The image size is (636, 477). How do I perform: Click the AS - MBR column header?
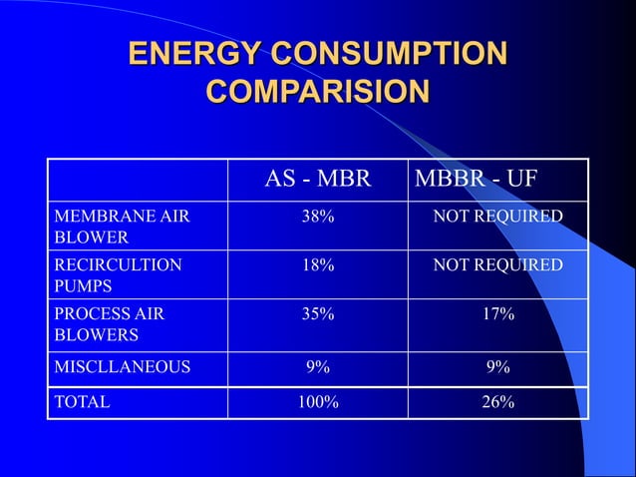pos(317,180)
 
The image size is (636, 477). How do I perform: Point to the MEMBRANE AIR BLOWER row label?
pos(109,227)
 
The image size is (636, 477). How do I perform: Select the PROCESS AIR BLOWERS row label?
pos(109,324)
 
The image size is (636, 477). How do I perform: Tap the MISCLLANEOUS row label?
pos(122,367)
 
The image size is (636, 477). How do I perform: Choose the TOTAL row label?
pos(82,403)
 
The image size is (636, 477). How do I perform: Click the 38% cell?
pos(318,217)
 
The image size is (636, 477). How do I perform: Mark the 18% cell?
pos(318,265)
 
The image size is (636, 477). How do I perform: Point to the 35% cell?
pos(318,314)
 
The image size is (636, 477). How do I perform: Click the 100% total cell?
pos(318,403)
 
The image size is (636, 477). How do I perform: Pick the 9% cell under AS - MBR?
pos(318,367)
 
